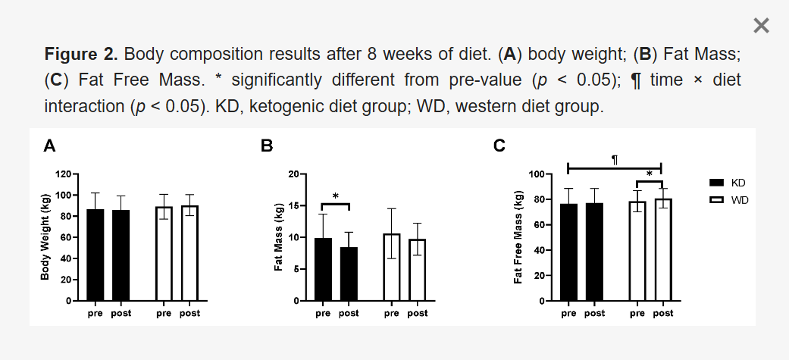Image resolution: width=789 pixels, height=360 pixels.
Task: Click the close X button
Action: (x=761, y=26)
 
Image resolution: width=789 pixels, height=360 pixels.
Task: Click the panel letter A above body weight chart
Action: (x=49, y=146)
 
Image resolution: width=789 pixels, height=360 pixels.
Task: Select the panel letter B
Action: (x=267, y=146)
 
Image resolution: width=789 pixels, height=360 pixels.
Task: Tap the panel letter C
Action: (x=499, y=146)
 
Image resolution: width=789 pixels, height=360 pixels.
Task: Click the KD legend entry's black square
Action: (x=715, y=183)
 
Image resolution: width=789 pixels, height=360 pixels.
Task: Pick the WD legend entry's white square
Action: (x=715, y=199)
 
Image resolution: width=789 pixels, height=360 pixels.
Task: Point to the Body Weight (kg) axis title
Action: (x=45, y=237)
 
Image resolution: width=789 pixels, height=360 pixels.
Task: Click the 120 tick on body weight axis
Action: (x=63, y=174)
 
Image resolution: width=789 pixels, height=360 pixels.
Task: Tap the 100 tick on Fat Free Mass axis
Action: (x=538, y=174)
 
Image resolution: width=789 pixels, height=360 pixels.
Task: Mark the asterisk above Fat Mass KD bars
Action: (x=335, y=197)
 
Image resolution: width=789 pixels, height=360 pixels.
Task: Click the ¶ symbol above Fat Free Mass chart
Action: (x=615, y=160)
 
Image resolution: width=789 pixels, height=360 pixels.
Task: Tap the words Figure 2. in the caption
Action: (x=81, y=55)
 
